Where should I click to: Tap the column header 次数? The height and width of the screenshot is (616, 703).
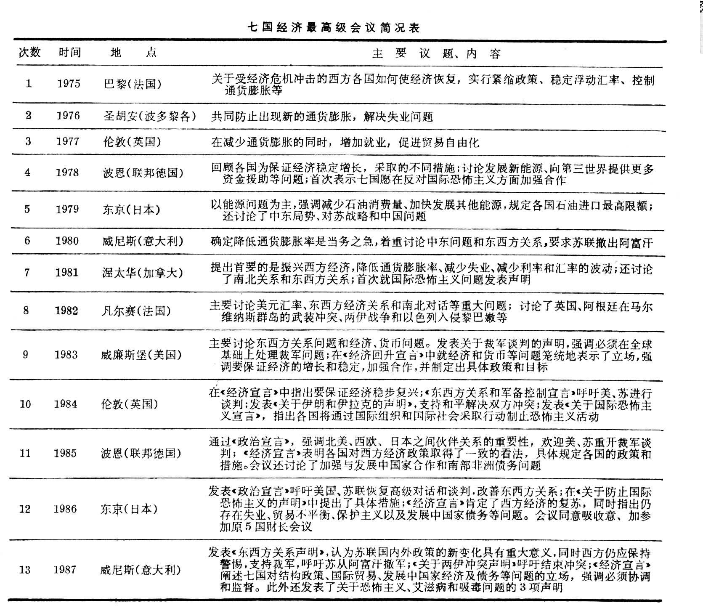[29, 52]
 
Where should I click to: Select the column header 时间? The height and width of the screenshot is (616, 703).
[69, 52]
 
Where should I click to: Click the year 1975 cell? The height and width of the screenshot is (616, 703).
[69, 83]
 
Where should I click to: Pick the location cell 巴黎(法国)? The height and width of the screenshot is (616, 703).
[133, 84]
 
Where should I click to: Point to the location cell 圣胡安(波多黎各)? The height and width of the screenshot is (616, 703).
[150, 116]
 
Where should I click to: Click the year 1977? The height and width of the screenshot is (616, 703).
[68, 141]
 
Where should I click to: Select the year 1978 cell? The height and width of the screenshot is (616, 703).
[67, 173]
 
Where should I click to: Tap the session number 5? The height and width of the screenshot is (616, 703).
[27, 209]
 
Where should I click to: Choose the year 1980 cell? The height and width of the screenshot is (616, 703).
[67, 241]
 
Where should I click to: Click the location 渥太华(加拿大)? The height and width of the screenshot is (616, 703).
[143, 273]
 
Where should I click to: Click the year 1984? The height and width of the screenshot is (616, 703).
[66, 404]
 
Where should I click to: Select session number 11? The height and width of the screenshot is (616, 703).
[25, 453]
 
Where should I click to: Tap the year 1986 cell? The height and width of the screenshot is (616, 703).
[65, 509]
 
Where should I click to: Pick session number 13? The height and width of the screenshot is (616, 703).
[25, 570]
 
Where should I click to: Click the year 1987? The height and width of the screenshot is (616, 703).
[65, 570]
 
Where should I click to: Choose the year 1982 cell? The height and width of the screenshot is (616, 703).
[66, 311]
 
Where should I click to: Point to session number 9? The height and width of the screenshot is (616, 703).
[26, 355]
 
